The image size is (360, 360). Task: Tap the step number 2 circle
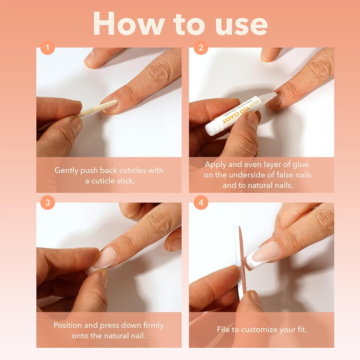pyautogui.click(x=200, y=47)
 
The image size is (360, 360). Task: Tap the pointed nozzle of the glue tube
pyautogui.click(x=270, y=97)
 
